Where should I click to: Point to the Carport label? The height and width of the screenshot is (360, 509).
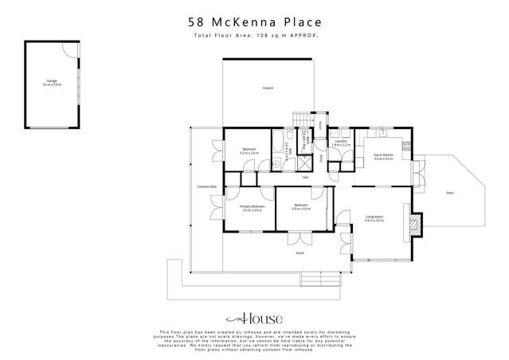pos(268,88)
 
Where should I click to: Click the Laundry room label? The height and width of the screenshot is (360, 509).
pos(341,143)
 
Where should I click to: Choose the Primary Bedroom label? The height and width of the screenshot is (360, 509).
pos(252,208)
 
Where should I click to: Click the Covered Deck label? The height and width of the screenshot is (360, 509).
pos(207,186)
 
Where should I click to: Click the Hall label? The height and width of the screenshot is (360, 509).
pos(305,177)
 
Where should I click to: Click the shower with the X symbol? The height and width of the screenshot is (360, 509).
pos(304,161)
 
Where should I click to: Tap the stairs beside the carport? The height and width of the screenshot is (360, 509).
pos(301,119)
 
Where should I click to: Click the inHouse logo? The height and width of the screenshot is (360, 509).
pos(254,315)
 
